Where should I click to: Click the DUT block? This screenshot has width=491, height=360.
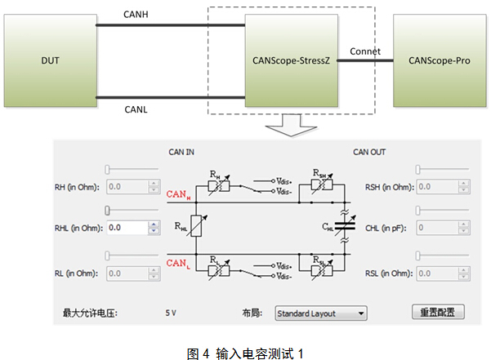pyautogui.click(x=50, y=61)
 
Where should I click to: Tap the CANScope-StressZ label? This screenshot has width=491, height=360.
pyautogui.click(x=292, y=61)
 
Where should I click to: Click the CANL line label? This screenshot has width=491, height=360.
pyautogui.click(x=136, y=109)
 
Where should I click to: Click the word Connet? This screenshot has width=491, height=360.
pyautogui.click(x=364, y=51)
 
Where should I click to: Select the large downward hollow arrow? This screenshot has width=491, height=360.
pyautogui.click(x=292, y=126)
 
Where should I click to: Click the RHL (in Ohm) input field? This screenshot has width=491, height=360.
pyautogui.click(x=127, y=228)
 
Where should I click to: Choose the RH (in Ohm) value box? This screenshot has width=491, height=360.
pyautogui.click(x=127, y=186)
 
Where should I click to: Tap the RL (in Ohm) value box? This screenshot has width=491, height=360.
pyautogui.click(x=127, y=273)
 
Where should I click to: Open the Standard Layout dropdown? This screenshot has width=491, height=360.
pyautogui.click(x=320, y=313)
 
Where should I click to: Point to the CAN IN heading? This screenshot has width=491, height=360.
pyautogui.click(x=181, y=152)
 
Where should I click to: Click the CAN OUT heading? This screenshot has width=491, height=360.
pyautogui.click(x=369, y=152)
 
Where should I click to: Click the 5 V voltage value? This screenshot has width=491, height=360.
pyautogui.click(x=171, y=313)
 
